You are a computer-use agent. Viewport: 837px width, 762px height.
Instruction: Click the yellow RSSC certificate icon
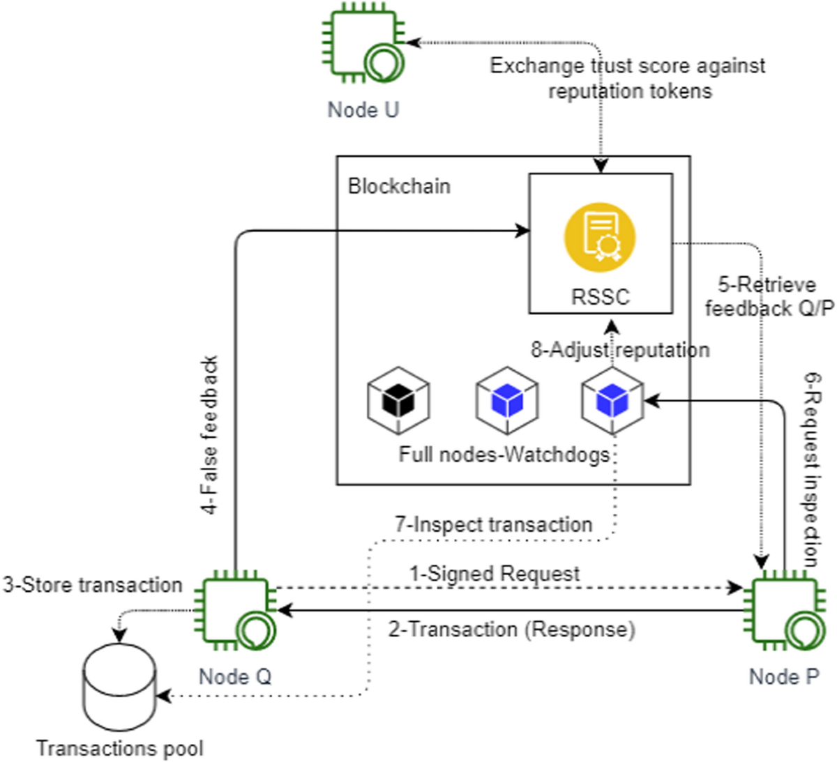(600, 236)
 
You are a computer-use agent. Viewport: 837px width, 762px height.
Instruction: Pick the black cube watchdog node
(398, 402)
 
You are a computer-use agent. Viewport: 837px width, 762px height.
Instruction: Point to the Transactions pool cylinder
(119, 687)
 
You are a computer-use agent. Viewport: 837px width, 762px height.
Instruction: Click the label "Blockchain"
(399, 186)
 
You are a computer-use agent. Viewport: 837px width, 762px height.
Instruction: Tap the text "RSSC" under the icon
(600, 297)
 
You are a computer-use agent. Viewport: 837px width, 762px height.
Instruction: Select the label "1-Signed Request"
(494, 574)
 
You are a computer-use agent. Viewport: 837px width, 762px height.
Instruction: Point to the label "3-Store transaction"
(92, 584)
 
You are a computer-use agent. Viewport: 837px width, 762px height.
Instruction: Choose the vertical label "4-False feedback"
(210, 435)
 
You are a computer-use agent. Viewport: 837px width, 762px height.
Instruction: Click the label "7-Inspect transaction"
(493, 524)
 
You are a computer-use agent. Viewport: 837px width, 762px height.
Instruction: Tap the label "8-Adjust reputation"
(619, 349)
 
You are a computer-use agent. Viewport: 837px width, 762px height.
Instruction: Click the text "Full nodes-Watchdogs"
(504, 455)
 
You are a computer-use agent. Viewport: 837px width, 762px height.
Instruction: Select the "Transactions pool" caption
(120, 748)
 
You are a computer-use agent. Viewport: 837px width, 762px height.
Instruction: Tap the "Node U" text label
(363, 109)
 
